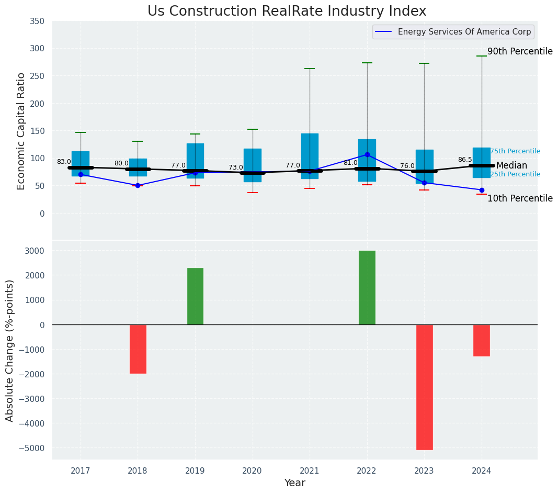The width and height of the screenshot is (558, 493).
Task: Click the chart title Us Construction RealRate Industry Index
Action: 287,12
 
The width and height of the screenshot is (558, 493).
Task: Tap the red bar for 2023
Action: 424,387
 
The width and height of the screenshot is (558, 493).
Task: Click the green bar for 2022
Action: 367,287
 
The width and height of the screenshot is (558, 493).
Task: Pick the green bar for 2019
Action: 195,296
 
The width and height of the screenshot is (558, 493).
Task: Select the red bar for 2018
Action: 138,349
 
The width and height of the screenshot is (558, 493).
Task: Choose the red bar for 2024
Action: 482,340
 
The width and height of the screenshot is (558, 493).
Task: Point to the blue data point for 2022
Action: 367,154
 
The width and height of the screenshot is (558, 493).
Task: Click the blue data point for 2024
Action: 482,190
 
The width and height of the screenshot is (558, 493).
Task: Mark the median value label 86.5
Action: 465,160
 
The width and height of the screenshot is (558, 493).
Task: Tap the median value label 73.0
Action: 236,167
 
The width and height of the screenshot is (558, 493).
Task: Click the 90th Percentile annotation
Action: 520,51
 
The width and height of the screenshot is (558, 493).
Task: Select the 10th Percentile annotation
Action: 520,198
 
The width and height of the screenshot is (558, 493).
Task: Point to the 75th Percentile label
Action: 515,151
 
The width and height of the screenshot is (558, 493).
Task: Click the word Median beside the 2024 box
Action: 511,165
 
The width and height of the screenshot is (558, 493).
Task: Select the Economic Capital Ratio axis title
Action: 21,131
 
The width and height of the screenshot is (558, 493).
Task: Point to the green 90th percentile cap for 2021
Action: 310,69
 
